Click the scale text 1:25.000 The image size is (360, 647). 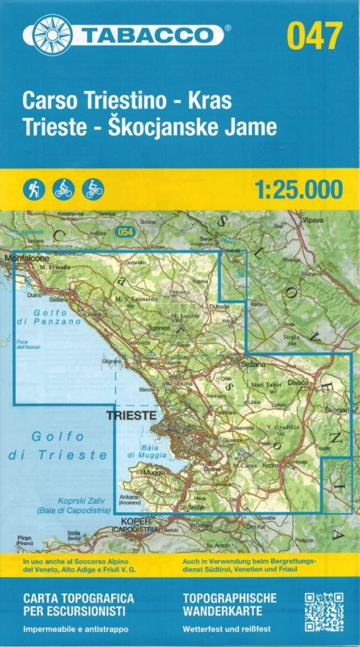297,189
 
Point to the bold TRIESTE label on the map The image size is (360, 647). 130,415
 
